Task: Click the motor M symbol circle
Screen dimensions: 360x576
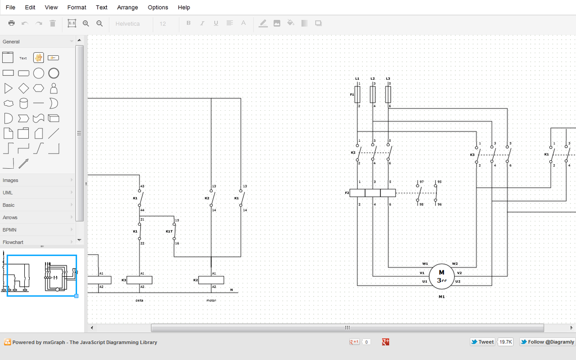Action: pyautogui.click(x=441, y=276)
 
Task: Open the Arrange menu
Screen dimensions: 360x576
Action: pyautogui.click(x=127, y=7)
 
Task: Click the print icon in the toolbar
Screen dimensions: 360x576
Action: pyautogui.click(x=12, y=23)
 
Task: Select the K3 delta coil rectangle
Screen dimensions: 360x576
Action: pyautogui.click(x=139, y=280)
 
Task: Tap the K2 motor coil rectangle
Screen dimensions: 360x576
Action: pyautogui.click(x=211, y=280)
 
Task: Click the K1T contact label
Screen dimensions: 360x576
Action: pyautogui.click(x=169, y=231)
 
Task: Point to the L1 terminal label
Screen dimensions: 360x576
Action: pyautogui.click(x=357, y=79)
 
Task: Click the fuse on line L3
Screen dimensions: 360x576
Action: pyautogui.click(x=388, y=94)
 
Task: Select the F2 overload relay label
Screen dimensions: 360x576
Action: pyautogui.click(x=347, y=193)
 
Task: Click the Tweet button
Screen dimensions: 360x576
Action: pyautogui.click(x=482, y=342)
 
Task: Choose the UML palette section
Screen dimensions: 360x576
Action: pyautogui.click(x=8, y=193)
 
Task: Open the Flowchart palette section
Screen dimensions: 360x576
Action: pyautogui.click(x=13, y=242)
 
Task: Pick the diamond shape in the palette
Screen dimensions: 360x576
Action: pyautogui.click(x=23, y=88)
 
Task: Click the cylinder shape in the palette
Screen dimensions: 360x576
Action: pyautogui.click(x=23, y=103)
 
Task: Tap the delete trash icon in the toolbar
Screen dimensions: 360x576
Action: pyautogui.click(x=53, y=23)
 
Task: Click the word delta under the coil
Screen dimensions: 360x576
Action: pyautogui.click(x=139, y=300)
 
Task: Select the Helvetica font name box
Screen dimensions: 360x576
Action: pyautogui.click(x=128, y=23)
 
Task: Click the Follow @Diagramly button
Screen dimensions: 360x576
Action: pyautogui.click(x=548, y=342)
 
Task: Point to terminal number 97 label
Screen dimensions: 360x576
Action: pyautogui.click(x=422, y=182)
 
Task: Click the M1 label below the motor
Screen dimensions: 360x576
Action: pyautogui.click(x=441, y=297)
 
